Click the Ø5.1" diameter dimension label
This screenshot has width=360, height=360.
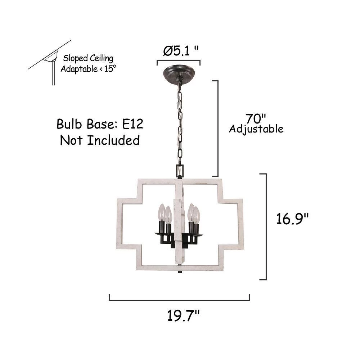coord(181,51)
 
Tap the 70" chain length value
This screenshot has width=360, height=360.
coord(256,119)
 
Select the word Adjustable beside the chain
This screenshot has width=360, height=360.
coord(256,129)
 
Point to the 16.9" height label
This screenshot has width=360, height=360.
coord(292,219)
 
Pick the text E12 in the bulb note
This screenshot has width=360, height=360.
coord(132,124)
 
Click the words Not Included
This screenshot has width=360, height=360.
coord(100,140)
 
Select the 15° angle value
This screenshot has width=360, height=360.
coord(110,68)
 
